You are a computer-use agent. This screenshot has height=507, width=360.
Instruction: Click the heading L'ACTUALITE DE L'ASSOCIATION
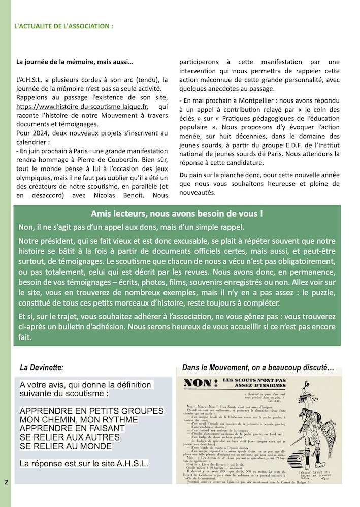click(x=63, y=25)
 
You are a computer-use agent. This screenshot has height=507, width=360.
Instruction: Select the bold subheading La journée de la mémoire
click(x=75, y=62)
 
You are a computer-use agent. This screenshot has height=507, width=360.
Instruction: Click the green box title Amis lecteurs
click(x=176, y=214)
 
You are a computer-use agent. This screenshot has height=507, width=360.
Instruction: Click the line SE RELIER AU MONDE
click(x=66, y=446)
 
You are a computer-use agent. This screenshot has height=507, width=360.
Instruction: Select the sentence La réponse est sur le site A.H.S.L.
click(x=83, y=463)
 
